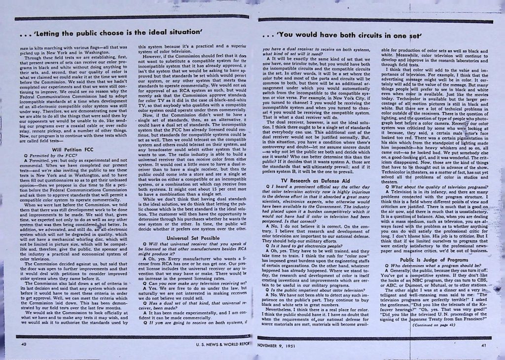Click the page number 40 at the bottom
point(23,345)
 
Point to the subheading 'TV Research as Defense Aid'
point(316,181)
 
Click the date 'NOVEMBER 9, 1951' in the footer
point(279,346)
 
